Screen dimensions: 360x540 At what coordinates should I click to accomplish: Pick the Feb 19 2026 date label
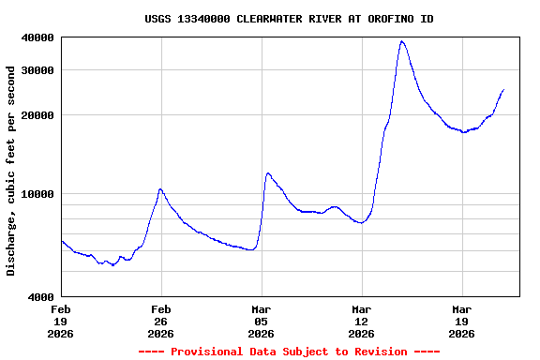tap(61, 321)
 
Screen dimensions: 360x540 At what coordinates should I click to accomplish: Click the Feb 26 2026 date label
tap(161, 321)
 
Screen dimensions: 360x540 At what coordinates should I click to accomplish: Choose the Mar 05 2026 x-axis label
tap(262, 321)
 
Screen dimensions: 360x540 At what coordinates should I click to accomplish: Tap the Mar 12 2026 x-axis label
tap(362, 321)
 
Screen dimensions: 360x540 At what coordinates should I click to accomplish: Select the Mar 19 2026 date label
tap(462, 321)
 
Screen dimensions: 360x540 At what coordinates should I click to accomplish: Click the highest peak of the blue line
tap(401, 41)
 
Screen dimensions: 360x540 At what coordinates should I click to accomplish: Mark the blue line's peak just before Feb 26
tap(160, 189)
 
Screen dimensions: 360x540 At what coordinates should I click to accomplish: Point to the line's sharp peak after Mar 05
tap(268, 172)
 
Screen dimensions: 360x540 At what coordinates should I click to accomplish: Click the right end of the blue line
tap(503, 90)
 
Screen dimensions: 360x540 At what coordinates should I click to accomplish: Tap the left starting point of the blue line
tap(62, 241)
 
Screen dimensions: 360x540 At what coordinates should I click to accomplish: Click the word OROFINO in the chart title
tap(377, 19)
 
